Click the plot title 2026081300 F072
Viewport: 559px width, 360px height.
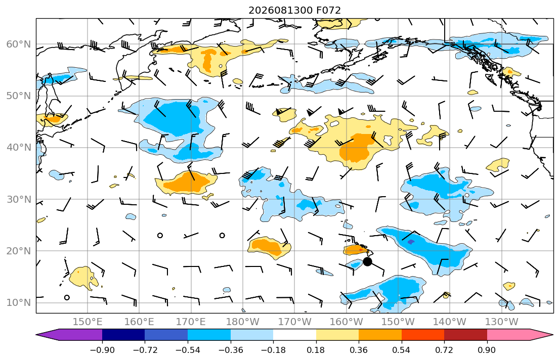(x=294, y=10)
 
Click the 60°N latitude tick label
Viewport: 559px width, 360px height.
(x=19, y=44)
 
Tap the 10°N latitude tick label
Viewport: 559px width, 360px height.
(x=19, y=303)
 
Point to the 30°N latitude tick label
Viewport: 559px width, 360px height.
(x=19, y=199)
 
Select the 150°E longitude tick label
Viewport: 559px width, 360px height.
(x=88, y=322)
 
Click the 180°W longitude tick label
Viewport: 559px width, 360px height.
(x=243, y=322)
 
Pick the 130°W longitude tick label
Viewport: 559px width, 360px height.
(x=502, y=322)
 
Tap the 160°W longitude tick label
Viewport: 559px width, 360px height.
(x=346, y=322)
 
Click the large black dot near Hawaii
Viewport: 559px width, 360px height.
(x=367, y=261)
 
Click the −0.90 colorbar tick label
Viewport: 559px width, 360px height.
(x=102, y=350)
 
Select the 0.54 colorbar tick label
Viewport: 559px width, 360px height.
(x=402, y=350)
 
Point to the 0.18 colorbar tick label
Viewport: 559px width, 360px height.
(x=316, y=350)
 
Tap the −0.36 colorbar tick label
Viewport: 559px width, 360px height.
(x=231, y=350)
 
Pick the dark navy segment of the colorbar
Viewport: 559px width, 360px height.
(x=124, y=335)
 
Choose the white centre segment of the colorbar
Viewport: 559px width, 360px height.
(x=294, y=335)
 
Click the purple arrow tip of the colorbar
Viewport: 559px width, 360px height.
(x=36, y=335)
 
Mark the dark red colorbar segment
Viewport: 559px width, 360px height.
(x=465, y=335)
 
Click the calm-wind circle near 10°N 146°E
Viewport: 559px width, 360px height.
(x=67, y=297)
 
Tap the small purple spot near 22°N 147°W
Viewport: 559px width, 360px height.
(x=411, y=242)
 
